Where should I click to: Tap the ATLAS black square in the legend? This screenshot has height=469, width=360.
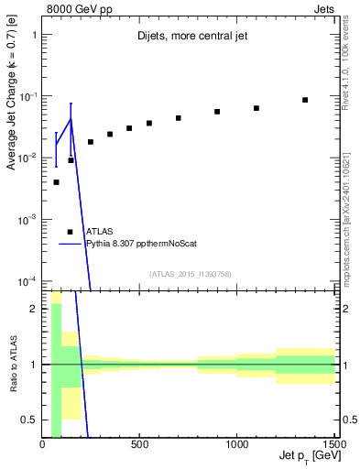click(x=71, y=232)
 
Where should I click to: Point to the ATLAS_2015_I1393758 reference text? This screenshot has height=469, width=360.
click(x=190, y=273)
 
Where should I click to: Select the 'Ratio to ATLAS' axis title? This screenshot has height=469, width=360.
click(x=12, y=364)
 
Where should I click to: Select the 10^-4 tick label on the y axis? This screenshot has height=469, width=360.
click(x=27, y=280)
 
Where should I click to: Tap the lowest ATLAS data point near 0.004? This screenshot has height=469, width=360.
click(x=56, y=182)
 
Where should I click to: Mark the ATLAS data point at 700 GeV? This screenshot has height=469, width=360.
click(x=179, y=118)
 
